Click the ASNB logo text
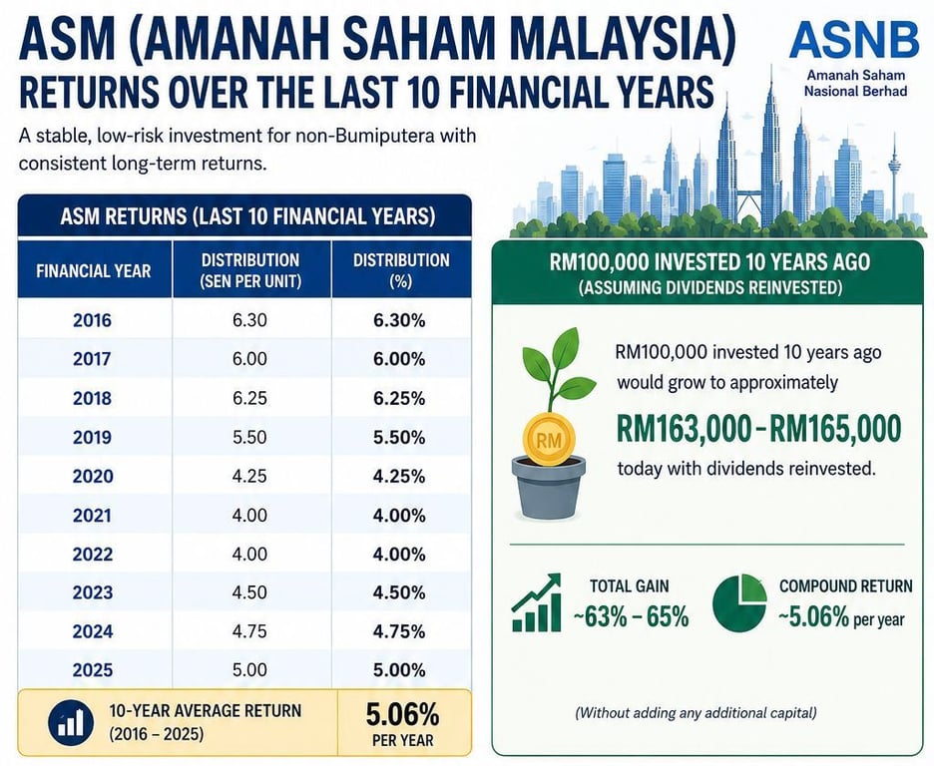[854, 39]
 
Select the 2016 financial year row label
[92, 320]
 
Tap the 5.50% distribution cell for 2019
[399, 438]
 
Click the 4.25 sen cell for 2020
[249, 476]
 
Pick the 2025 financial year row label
[93, 670]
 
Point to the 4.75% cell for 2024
[399, 631]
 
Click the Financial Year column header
[94, 271]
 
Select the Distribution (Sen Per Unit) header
[250, 270]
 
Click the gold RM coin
[549, 440]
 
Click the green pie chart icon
[739, 602]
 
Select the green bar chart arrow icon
[536, 602]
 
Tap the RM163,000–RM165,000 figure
[758, 429]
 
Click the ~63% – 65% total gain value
[631, 617]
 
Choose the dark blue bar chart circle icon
[71, 723]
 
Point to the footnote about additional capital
[696, 712]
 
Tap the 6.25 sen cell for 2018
[249, 398]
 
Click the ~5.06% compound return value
[841, 618]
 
